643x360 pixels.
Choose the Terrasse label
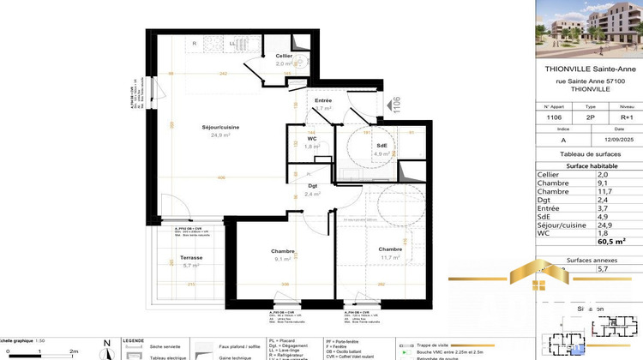pyautogui.click(x=168, y=258)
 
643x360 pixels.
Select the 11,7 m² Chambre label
pyautogui.click(x=390, y=249)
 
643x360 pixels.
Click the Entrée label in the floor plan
pyautogui.click(x=323, y=101)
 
